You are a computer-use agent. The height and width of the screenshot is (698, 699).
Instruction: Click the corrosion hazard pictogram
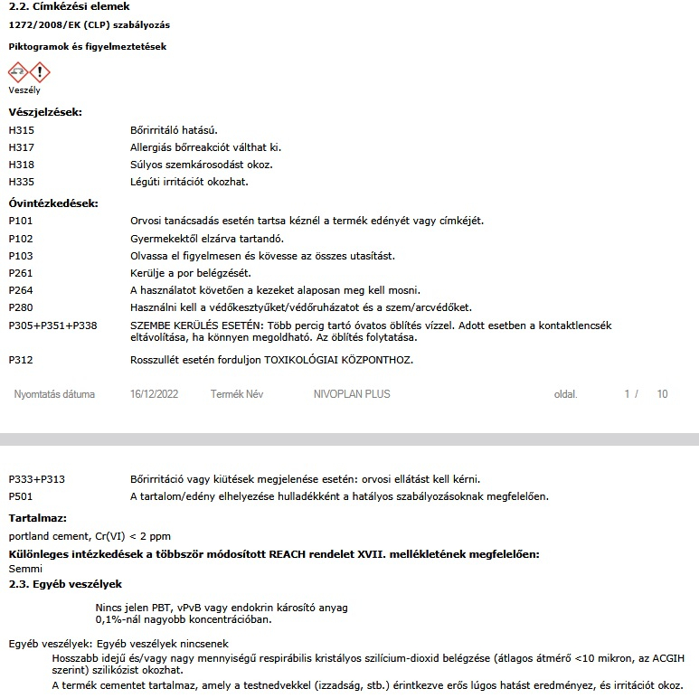click(x=19, y=72)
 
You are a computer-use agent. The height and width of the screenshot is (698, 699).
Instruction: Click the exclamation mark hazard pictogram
click(x=40, y=72)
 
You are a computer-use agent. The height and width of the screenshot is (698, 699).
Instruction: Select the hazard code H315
click(x=21, y=130)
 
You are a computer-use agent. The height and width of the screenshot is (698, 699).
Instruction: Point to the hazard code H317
click(x=21, y=147)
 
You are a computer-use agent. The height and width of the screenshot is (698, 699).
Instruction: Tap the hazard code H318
click(x=21, y=165)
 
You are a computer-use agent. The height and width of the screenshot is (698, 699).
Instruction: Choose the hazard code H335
click(x=21, y=182)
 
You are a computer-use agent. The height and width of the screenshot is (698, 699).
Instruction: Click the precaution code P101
click(x=21, y=221)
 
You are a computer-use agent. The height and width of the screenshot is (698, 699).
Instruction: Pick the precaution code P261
click(x=21, y=273)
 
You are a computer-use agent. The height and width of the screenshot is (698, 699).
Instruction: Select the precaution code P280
click(x=21, y=307)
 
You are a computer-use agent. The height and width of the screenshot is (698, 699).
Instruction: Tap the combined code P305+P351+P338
click(x=52, y=325)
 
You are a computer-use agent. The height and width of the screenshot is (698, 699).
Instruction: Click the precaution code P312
click(x=21, y=360)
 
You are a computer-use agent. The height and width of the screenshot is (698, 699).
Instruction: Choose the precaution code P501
click(x=21, y=496)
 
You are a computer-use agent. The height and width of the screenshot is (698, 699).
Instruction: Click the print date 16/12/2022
click(x=155, y=395)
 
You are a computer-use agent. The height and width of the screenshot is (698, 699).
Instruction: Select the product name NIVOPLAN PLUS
click(x=352, y=395)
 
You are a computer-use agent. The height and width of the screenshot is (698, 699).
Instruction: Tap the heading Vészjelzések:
click(x=45, y=112)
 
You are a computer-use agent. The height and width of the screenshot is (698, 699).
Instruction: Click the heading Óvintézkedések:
click(x=53, y=203)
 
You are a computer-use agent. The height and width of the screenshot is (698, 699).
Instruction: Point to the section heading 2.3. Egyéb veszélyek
click(x=65, y=584)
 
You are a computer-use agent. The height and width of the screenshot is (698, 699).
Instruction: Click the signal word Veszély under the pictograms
click(x=24, y=90)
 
